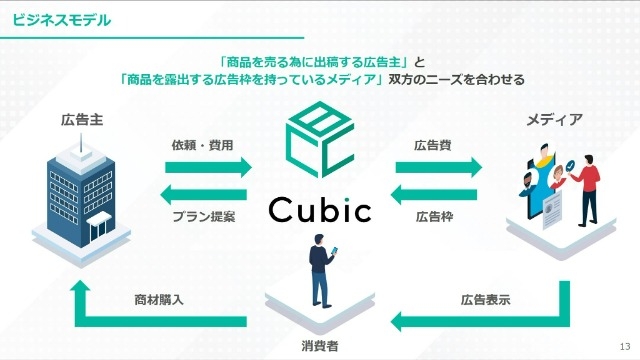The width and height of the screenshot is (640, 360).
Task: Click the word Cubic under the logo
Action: coord(320,211)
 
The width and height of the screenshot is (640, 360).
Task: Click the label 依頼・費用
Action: coord(203,144)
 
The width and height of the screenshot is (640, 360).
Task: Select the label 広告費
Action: coord(433,144)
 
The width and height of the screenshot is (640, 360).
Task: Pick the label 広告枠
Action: coord(433,216)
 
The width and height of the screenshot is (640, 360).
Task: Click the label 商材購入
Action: coord(159,300)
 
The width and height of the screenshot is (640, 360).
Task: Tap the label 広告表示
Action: coord(481,300)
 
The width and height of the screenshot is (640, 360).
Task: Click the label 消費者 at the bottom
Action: coord(320,346)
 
